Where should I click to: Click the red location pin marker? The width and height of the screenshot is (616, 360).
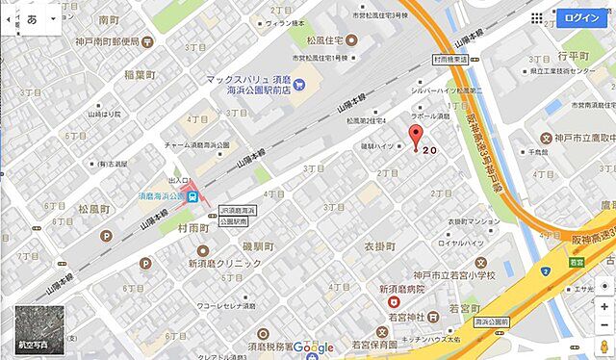tap(416, 136)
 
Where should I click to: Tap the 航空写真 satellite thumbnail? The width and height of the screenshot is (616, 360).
tap(36, 328)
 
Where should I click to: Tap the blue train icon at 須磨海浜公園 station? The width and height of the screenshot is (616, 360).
tap(193, 196)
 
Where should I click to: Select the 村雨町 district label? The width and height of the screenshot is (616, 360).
tap(194, 229)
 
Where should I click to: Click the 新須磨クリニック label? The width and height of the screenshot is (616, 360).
tap(223, 263)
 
